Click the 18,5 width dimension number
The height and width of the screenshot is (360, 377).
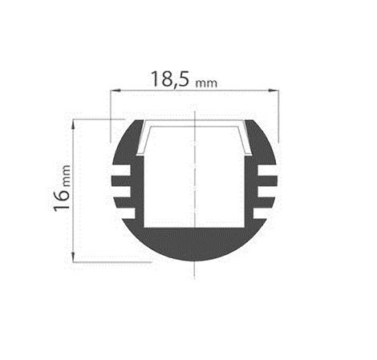pos(170,79)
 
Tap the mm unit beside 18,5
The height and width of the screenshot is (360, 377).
pos(206,83)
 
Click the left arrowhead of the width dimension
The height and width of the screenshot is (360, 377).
pos(116,91)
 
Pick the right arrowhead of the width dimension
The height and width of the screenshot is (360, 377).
pos(274,91)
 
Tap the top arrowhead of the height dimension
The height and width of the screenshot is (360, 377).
pos(73,125)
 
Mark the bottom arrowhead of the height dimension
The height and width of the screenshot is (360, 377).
pos(73,257)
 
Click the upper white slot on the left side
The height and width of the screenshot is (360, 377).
pos(121,170)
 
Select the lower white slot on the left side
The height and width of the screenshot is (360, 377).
pos(122,192)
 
